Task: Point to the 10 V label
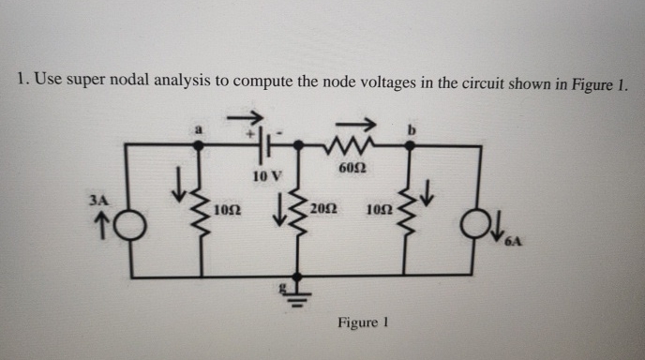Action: [266, 175]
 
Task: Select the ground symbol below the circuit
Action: [298, 290]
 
